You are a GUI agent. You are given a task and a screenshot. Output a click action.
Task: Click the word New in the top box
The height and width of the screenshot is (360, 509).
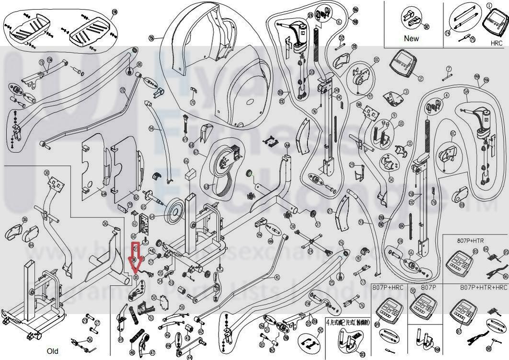pos(411,38)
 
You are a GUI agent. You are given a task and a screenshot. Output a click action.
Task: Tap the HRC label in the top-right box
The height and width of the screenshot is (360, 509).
pos(496,42)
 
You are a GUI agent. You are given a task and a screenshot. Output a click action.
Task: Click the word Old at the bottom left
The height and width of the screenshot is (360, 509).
pos(53,351)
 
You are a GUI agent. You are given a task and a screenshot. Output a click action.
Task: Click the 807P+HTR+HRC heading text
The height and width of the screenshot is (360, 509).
pos(483,287)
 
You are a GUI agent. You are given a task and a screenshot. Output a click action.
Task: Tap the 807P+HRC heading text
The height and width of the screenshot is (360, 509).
pos(390,287)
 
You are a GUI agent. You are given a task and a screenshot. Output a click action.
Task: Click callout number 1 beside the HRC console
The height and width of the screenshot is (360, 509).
pos(489,5)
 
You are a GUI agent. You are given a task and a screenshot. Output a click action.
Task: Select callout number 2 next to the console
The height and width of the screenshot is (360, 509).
pos(421,78)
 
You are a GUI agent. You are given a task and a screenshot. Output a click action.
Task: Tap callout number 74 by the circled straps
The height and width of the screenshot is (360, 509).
pos(448,33)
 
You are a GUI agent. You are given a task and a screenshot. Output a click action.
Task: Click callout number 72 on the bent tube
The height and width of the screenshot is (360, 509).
pos(122,90)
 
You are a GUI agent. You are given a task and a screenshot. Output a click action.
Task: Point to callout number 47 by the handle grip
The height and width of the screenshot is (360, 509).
pos(152,352)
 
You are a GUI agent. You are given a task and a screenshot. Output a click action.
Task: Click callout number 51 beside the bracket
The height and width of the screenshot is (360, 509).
pos(151,317)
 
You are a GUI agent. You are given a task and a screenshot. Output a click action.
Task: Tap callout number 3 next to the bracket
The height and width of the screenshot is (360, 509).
pos(406,92)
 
